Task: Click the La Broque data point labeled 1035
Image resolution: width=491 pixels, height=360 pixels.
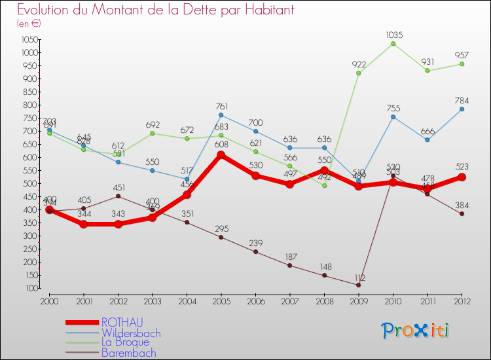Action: tap(393, 44)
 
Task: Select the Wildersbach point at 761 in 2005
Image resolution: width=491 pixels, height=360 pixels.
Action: tap(221, 115)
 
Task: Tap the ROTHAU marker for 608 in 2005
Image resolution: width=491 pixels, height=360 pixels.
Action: tap(221, 155)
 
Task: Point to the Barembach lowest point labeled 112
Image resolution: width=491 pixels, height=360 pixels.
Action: tap(358, 285)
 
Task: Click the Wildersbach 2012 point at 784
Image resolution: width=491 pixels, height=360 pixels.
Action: tap(462, 109)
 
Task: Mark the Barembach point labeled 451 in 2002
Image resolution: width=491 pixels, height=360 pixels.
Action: tap(118, 196)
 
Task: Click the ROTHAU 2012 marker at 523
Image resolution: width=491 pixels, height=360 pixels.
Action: tap(462, 177)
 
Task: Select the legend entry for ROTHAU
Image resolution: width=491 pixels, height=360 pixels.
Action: tap(122, 322)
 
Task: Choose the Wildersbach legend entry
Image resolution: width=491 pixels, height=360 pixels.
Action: tap(131, 333)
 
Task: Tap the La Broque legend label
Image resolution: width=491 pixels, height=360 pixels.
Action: tap(126, 342)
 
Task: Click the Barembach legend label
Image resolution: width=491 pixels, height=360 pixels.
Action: tap(129, 353)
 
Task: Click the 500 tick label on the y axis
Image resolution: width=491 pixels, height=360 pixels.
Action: tap(30, 183)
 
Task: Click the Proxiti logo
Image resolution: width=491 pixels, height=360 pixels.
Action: tap(416, 331)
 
